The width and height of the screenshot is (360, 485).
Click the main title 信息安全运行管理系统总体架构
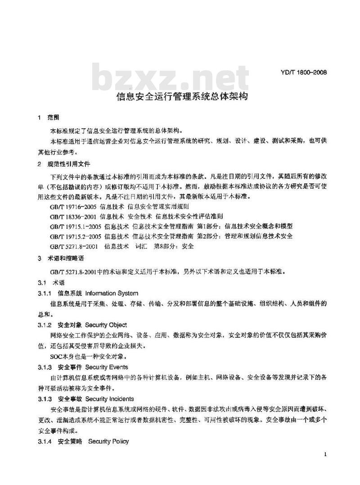[182, 96]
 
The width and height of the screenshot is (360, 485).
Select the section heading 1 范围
[49, 118]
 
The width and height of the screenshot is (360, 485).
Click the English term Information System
[111, 293]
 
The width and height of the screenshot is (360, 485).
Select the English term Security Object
[106, 325]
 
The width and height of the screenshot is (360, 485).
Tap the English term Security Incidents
[109, 399]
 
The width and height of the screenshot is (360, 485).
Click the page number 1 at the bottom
[325, 455]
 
